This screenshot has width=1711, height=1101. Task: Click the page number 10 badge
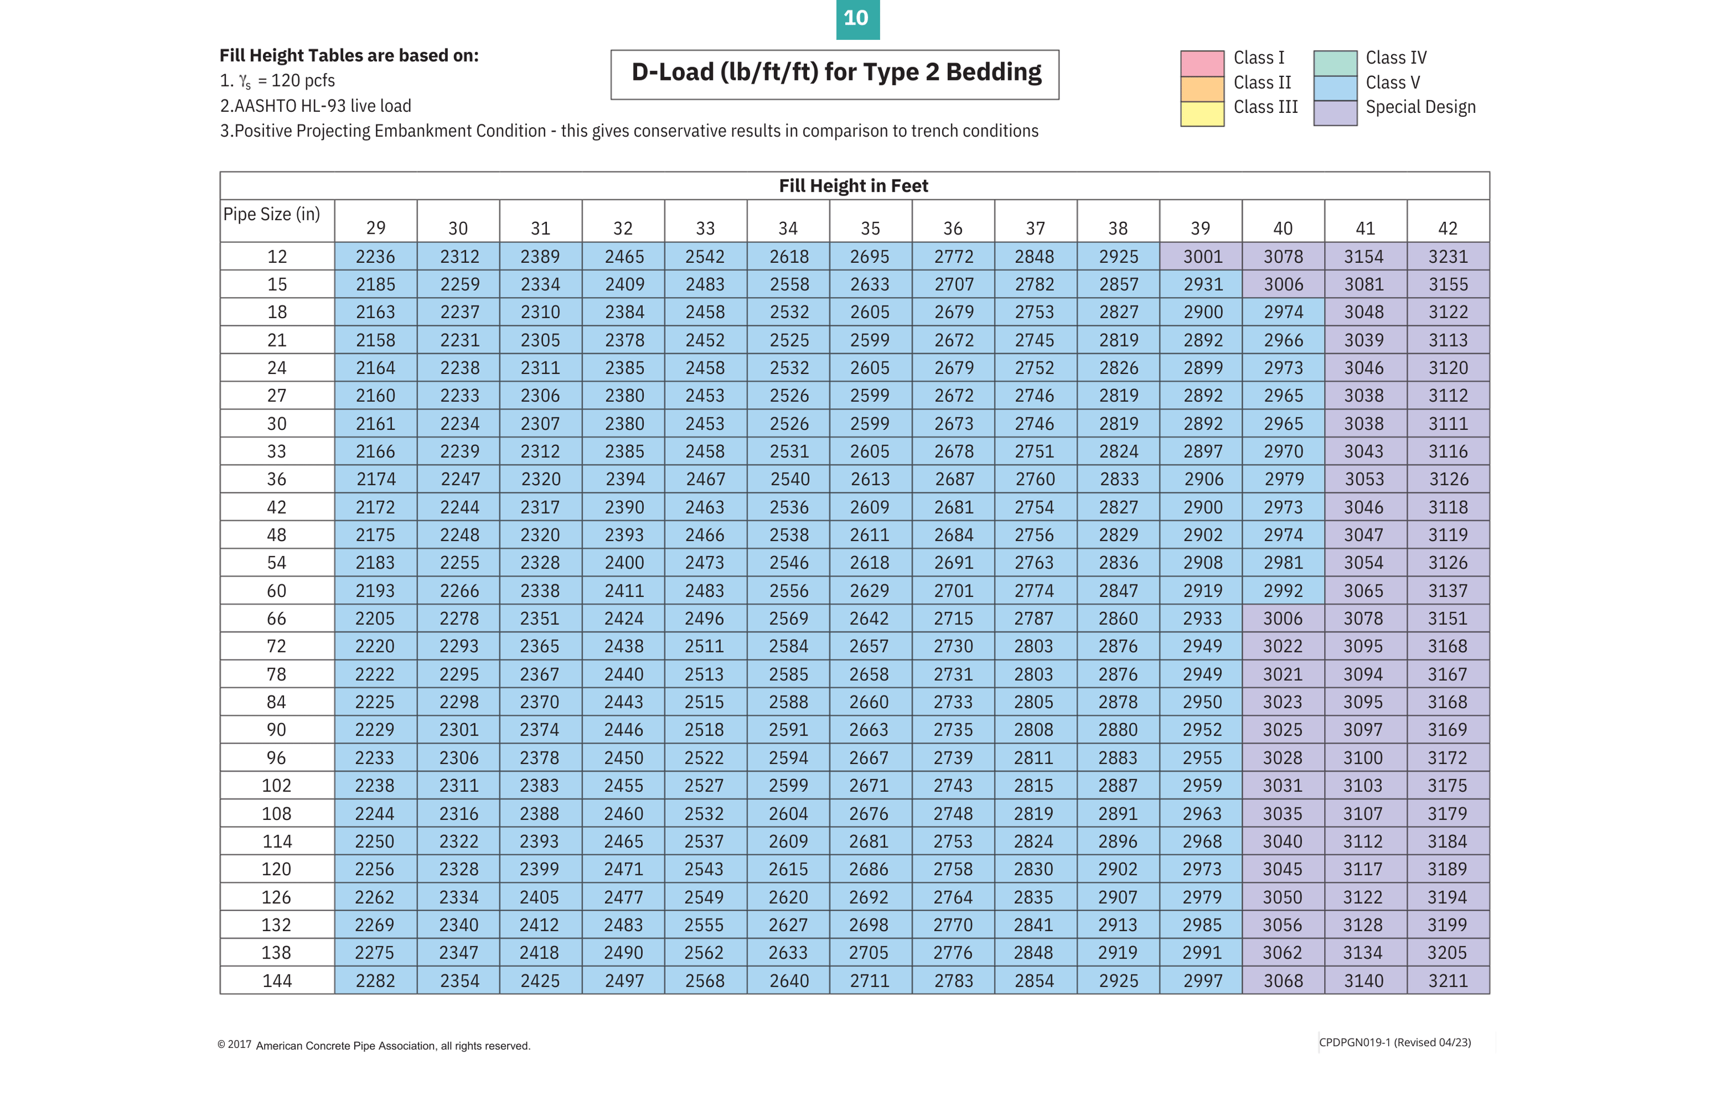point(856,19)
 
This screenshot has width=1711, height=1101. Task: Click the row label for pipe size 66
point(276,619)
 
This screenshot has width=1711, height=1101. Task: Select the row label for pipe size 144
point(276,980)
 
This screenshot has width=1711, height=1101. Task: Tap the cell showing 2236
point(375,257)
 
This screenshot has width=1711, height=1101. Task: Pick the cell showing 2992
point(1283,591)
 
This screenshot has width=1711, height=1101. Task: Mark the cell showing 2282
point(375,980)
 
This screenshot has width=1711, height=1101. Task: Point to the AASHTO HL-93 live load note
point(315,106)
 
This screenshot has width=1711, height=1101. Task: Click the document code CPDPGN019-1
point(1353,1042)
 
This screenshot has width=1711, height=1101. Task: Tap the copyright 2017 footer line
point(373,1045)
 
